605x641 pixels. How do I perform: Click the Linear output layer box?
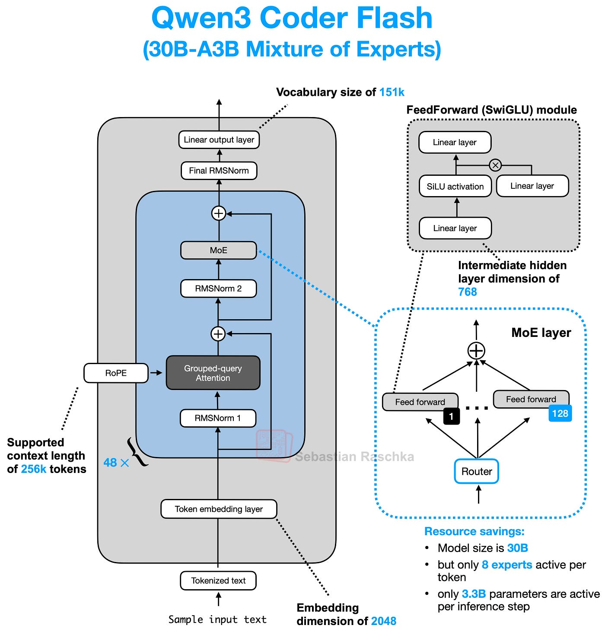[x=219, y=140]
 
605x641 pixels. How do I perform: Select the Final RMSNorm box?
[x=219, y=171]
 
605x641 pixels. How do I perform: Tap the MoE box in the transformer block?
[x=218, y=251]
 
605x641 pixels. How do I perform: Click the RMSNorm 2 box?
[x=218, y=289]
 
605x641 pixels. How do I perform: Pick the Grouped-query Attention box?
[x=213, y=373]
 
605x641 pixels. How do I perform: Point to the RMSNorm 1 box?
[x=218, y=418]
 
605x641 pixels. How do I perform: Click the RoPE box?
[x=116, y=373]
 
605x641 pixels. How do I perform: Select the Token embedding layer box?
[x=219, y=509]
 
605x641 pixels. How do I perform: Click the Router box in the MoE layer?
[x=477, y=472]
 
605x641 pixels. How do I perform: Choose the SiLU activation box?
[x=455, y=187]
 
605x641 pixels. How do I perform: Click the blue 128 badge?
[x=560, y=413]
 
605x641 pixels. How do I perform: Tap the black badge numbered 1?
[x=451, y=416]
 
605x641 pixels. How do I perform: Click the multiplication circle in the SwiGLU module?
[x=495, y=165]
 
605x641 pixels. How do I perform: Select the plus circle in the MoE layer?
[x=476, y=351]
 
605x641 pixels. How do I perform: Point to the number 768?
[x=468, y=292]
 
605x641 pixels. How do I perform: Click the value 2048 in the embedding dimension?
[x=383, y=621]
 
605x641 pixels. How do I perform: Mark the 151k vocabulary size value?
[x=392, y=92]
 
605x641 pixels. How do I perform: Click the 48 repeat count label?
[x=111, y=463]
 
